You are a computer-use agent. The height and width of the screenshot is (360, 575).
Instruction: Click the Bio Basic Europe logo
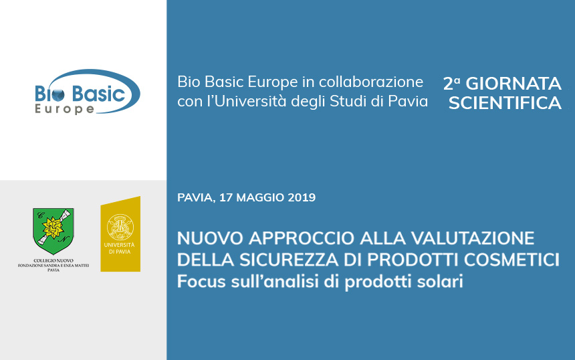point(88,92)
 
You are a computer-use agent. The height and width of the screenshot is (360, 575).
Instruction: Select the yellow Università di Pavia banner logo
point(120,234)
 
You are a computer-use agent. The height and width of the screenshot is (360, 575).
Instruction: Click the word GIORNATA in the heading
point(513,84)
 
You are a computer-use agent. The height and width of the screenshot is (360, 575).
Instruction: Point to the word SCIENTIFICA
point(505,103)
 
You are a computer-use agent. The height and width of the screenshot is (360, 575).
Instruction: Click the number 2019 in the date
point(302,197)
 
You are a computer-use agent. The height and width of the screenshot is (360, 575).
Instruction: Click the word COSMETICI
point(511,260)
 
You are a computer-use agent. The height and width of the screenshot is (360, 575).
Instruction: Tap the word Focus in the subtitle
point(201,282)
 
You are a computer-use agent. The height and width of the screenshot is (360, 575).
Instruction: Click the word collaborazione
point(371,82)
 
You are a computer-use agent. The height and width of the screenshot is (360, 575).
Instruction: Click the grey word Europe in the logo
point(65,109)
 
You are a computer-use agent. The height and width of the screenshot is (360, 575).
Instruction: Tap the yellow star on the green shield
point(53,228)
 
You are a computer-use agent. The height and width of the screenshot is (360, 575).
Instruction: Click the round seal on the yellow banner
point(120,228)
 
